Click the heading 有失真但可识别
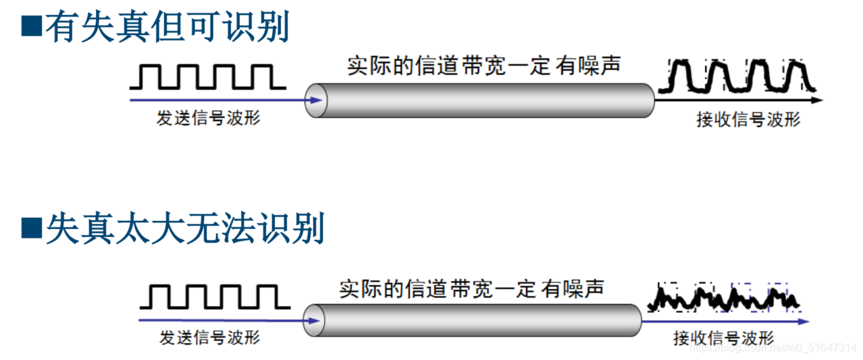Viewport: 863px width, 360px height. tap(167, 27)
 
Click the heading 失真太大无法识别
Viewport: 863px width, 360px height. tap(185, 229)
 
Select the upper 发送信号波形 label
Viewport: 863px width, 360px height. tap(208, 118)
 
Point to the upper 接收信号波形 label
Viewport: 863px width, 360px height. tap(748, 120)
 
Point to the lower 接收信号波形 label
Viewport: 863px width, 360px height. tap(723, 338)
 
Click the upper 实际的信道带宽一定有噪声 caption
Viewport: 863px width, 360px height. tap(483, 66)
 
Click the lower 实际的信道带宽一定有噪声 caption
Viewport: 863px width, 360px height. tap(471, 288)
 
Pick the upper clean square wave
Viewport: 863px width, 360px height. tap(208, 76)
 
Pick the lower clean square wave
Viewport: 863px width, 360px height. tap(213, 297)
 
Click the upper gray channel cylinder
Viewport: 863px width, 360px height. tap(481, 100)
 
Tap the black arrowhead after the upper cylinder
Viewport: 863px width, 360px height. tap(818, 100)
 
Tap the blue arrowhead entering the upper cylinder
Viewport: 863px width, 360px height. tap(315, 100)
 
